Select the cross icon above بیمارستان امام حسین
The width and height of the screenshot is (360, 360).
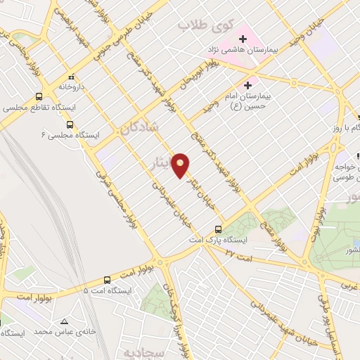click(247, 84)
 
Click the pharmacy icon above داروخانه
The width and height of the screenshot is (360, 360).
click(70, 77)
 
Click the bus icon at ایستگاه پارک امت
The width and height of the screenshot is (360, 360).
click(218, 229)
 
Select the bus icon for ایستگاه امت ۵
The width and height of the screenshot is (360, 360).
click(107, 279)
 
